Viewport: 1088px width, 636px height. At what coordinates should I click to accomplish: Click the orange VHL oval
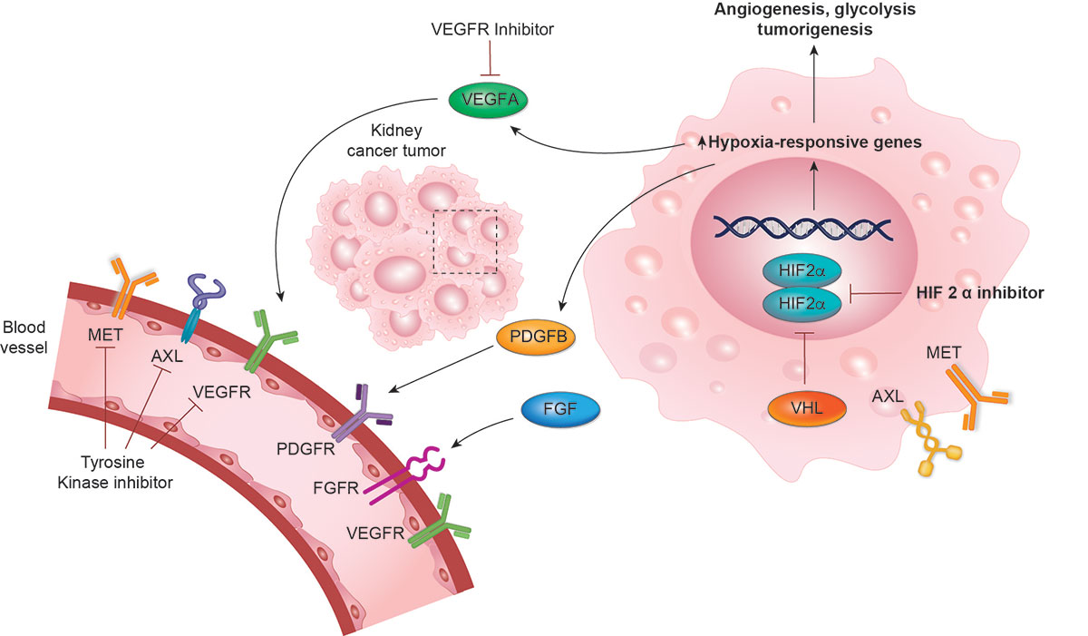(x=806, y=408)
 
